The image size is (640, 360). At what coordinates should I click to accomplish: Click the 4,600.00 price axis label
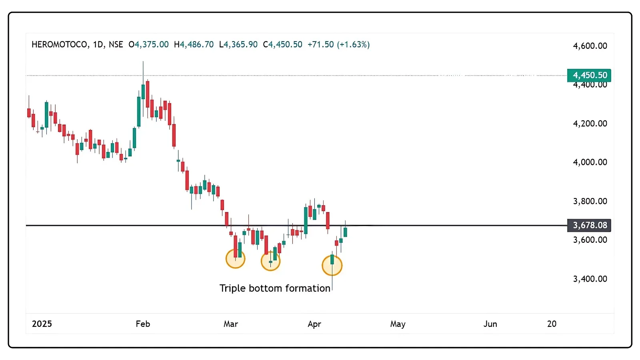pos(590,46)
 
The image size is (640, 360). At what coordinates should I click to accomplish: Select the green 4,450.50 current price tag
pos(589,75)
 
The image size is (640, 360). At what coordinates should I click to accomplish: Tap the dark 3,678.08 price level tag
pos(589,225)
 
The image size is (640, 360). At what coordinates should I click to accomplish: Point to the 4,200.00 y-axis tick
pos(590,124)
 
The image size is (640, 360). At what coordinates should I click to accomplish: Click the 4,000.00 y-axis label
pos(590,162)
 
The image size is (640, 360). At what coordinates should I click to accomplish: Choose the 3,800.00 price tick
pos(590,201)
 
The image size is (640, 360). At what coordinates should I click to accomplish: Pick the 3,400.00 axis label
pos(590,279)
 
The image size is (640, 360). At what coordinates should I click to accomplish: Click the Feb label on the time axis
pos(143,324)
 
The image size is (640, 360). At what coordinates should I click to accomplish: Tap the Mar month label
pos(231,324)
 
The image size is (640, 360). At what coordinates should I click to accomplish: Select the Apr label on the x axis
pos(314,324)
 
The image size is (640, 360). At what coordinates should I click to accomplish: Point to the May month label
pos(398,324)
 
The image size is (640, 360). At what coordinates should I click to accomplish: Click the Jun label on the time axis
pos(490,324)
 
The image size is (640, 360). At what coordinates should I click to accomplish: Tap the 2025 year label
pos(42,324)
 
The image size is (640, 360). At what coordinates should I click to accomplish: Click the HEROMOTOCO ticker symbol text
pos(60,44)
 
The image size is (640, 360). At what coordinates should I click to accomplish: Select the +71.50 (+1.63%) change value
pos(338,44)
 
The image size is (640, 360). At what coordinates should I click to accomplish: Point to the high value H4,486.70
pos(194,44)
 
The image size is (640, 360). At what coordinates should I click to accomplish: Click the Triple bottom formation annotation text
pos(275,288)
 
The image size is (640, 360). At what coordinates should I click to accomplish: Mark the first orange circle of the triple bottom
pos(235,259)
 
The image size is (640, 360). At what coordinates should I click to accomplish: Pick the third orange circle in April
pos(332,266)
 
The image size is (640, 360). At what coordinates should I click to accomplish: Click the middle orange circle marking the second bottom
pos(270,261)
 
